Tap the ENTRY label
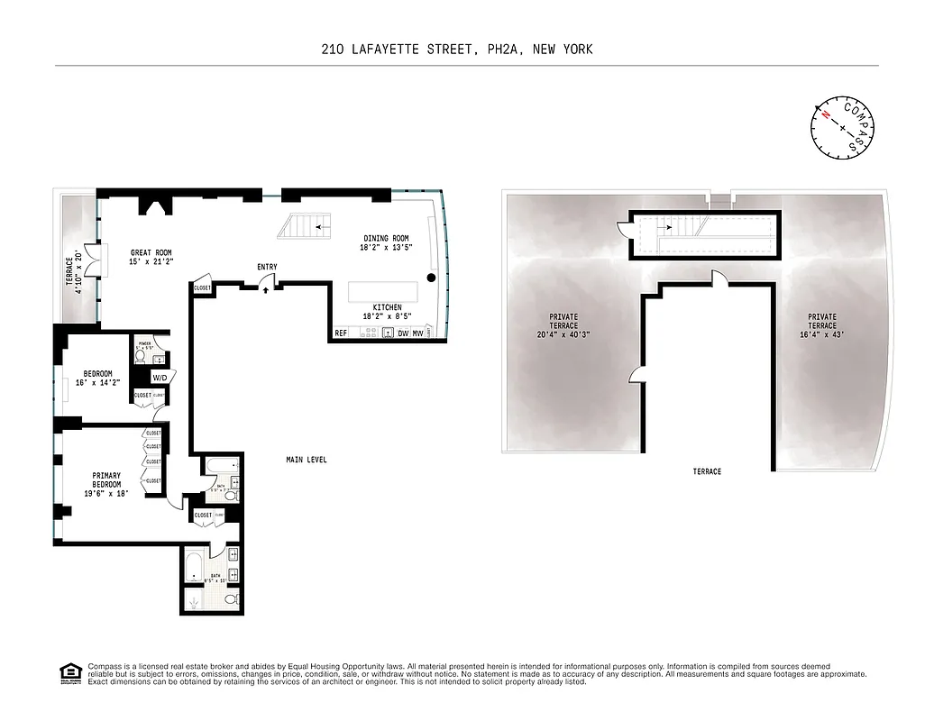tap(267, 267)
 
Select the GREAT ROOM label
tap(151, 253)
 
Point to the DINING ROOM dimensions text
tap(387, 247)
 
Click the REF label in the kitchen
tap(341, 333)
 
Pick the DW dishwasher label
tap(402, 333)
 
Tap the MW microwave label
tap(417, 333)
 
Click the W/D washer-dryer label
tap(160, 377)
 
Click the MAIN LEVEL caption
tap(307, 460)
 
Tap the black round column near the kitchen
tap(432, 278)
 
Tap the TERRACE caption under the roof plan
tap(707, 471)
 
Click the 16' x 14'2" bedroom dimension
tap(98, 383)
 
